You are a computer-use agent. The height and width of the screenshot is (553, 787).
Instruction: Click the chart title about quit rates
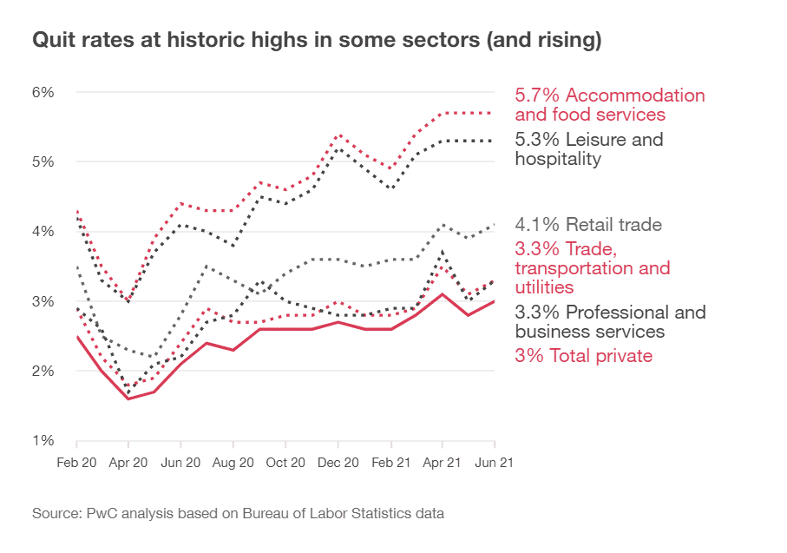(x=318, y=40)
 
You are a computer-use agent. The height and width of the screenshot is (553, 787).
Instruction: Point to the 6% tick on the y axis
(x=44, y=92)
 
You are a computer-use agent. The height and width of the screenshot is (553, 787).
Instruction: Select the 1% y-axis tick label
(x=44, y=440)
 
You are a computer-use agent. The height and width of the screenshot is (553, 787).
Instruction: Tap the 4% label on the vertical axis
(x=44, y=231)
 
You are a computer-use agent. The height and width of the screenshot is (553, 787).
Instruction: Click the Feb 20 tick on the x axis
(x=77, y=464)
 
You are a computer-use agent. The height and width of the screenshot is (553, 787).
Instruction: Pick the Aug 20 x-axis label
(x=233, y=464)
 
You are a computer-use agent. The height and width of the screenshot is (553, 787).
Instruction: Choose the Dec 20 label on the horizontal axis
(x=338, y=464)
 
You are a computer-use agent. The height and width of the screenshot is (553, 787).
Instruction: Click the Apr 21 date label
(x=443, y=464)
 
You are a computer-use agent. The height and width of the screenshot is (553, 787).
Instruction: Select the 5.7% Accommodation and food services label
(x=610, y=105)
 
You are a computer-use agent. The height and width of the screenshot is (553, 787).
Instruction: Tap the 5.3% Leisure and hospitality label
(x=589, y=148)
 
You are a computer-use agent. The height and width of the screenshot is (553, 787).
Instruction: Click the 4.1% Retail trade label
(x=587, y=225)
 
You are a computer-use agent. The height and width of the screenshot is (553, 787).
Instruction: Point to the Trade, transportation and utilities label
(x=593, y=267)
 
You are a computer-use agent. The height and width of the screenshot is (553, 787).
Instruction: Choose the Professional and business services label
(x=610, y=321)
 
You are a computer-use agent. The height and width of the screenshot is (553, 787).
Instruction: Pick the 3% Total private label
(x=583, y=355)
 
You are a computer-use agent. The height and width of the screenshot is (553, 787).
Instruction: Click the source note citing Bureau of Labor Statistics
(x=239, y=513)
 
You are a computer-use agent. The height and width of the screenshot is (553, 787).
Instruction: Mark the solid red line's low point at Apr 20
(x=128, y=398)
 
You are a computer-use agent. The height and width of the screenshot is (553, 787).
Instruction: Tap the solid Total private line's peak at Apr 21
(x=443, y=294)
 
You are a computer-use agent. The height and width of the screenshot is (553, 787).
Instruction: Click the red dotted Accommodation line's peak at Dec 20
(x=338, y=135)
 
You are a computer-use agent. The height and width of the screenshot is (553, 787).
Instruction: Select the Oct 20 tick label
(x=285, y=464)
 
